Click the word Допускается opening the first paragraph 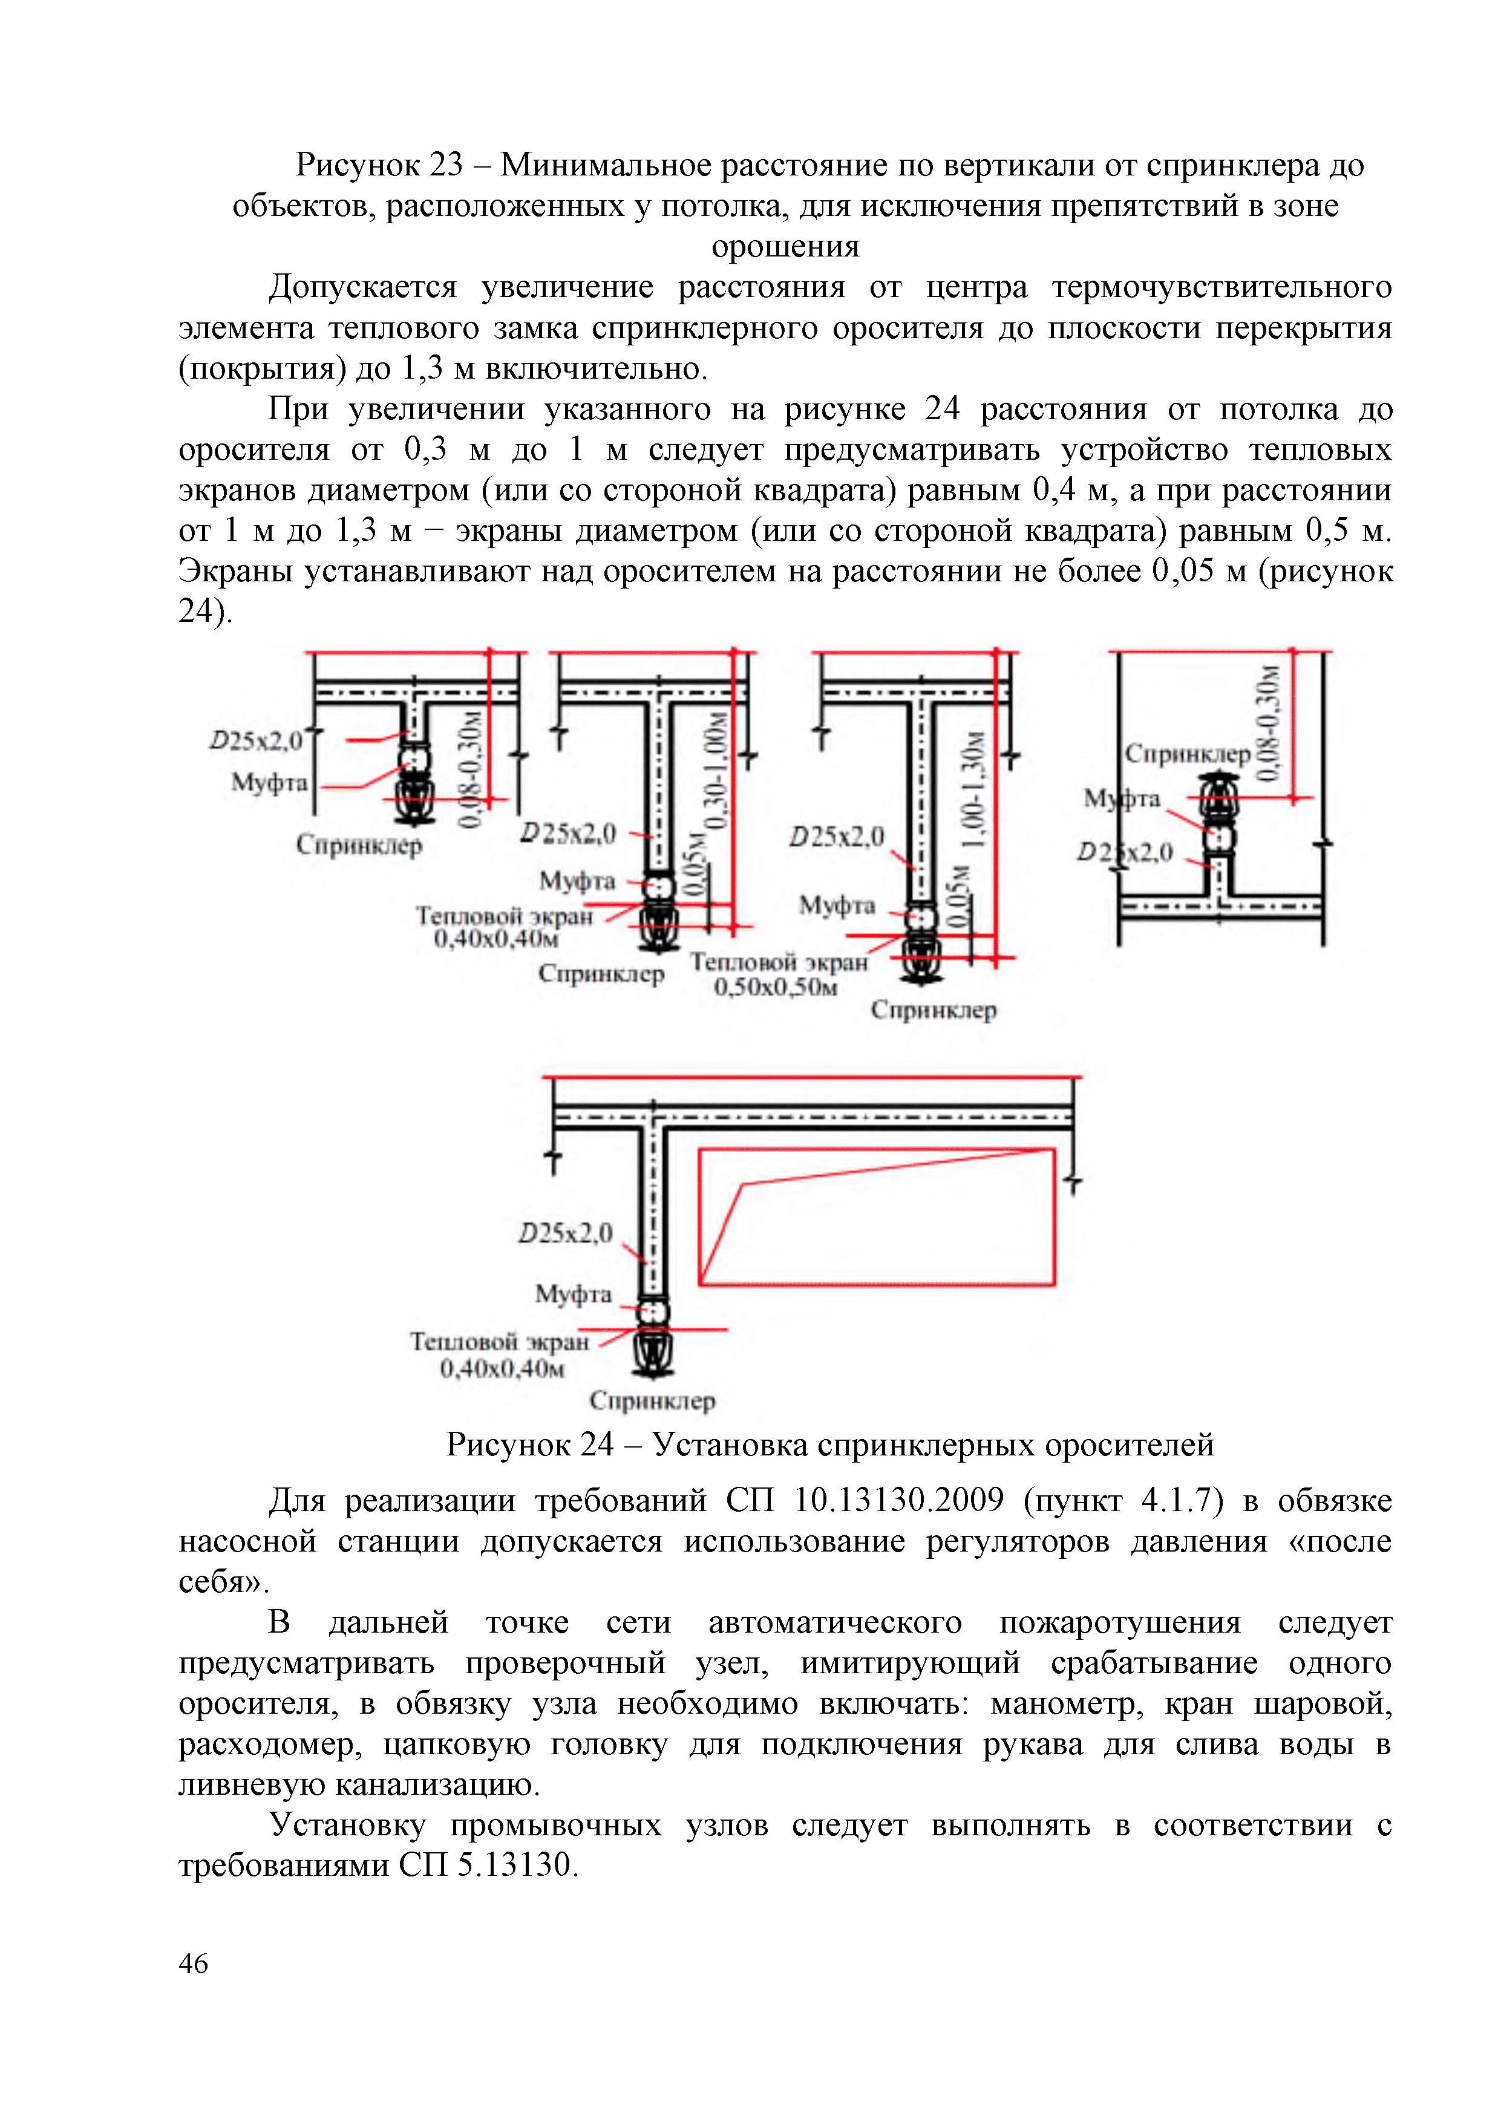(x=362, y=287)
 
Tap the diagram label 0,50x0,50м (x=776, y=987)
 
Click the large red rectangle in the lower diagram (x=876, y=1217)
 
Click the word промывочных (x=555, y=1826)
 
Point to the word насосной (x=247, y=1541)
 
